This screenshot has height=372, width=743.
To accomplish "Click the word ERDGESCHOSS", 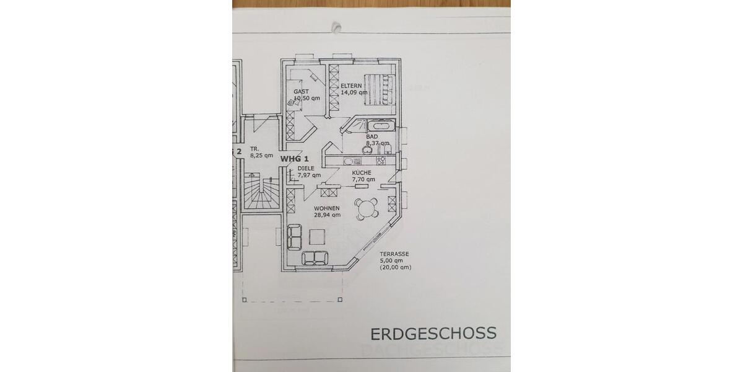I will pyautogui.click(x=433, y=333).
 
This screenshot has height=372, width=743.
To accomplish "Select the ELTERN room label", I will pyautogui.click(x=350, y=86).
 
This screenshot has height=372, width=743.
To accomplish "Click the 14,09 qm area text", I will pyautogui.click(x=354, y=93).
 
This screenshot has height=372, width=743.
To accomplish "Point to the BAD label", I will pyautogui.click(x=372, y=136).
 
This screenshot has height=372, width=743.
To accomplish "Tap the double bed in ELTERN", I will pyautogui.click(x=378, y=89).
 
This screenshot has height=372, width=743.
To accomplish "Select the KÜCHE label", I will pyautogui.click(x=361, y=173).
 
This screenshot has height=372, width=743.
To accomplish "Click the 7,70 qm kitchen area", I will pyautogui.click(x=363, y=180).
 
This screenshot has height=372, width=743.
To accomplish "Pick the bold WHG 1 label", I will pyautogui.click(x=295, y=159).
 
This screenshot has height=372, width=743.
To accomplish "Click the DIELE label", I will pyautogui.click(x=305, y=168).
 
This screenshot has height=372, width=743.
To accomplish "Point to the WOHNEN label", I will pyautogui.click(x=326, y=208).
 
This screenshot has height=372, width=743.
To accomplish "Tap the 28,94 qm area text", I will pyautogui.click(x=327, y=215).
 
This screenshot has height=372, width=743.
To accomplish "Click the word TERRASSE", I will pyautogui.click(x=394, y=254).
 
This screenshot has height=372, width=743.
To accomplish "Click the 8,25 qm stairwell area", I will pyautogui.click(x=261, y=156).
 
